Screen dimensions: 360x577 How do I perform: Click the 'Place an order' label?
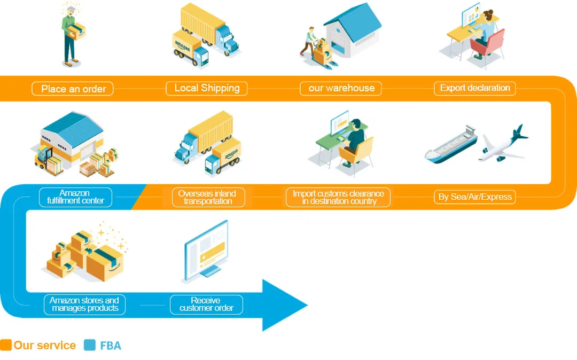click(x=73, y=89)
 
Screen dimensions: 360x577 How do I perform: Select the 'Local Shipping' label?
click(x=207, y=88)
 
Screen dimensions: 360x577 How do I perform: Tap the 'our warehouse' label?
click(x=341, y=88)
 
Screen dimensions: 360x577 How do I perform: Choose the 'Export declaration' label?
click(x=475, y=88)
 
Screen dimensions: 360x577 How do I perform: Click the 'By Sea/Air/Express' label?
click(x=475, y=197)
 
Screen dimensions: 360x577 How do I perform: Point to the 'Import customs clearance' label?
click(x=338, y=197)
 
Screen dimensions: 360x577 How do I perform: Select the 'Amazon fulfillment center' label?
click(x=75, y=197)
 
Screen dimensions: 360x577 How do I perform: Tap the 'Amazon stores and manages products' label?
click(x=84, y=304)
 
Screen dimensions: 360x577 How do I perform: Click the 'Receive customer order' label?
click(x=206, y=304)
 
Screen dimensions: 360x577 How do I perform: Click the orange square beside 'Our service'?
click(x=6, y=345)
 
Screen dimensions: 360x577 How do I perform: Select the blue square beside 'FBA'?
click(x=90, y=345)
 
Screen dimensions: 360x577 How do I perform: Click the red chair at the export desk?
click(x=489, y=44)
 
